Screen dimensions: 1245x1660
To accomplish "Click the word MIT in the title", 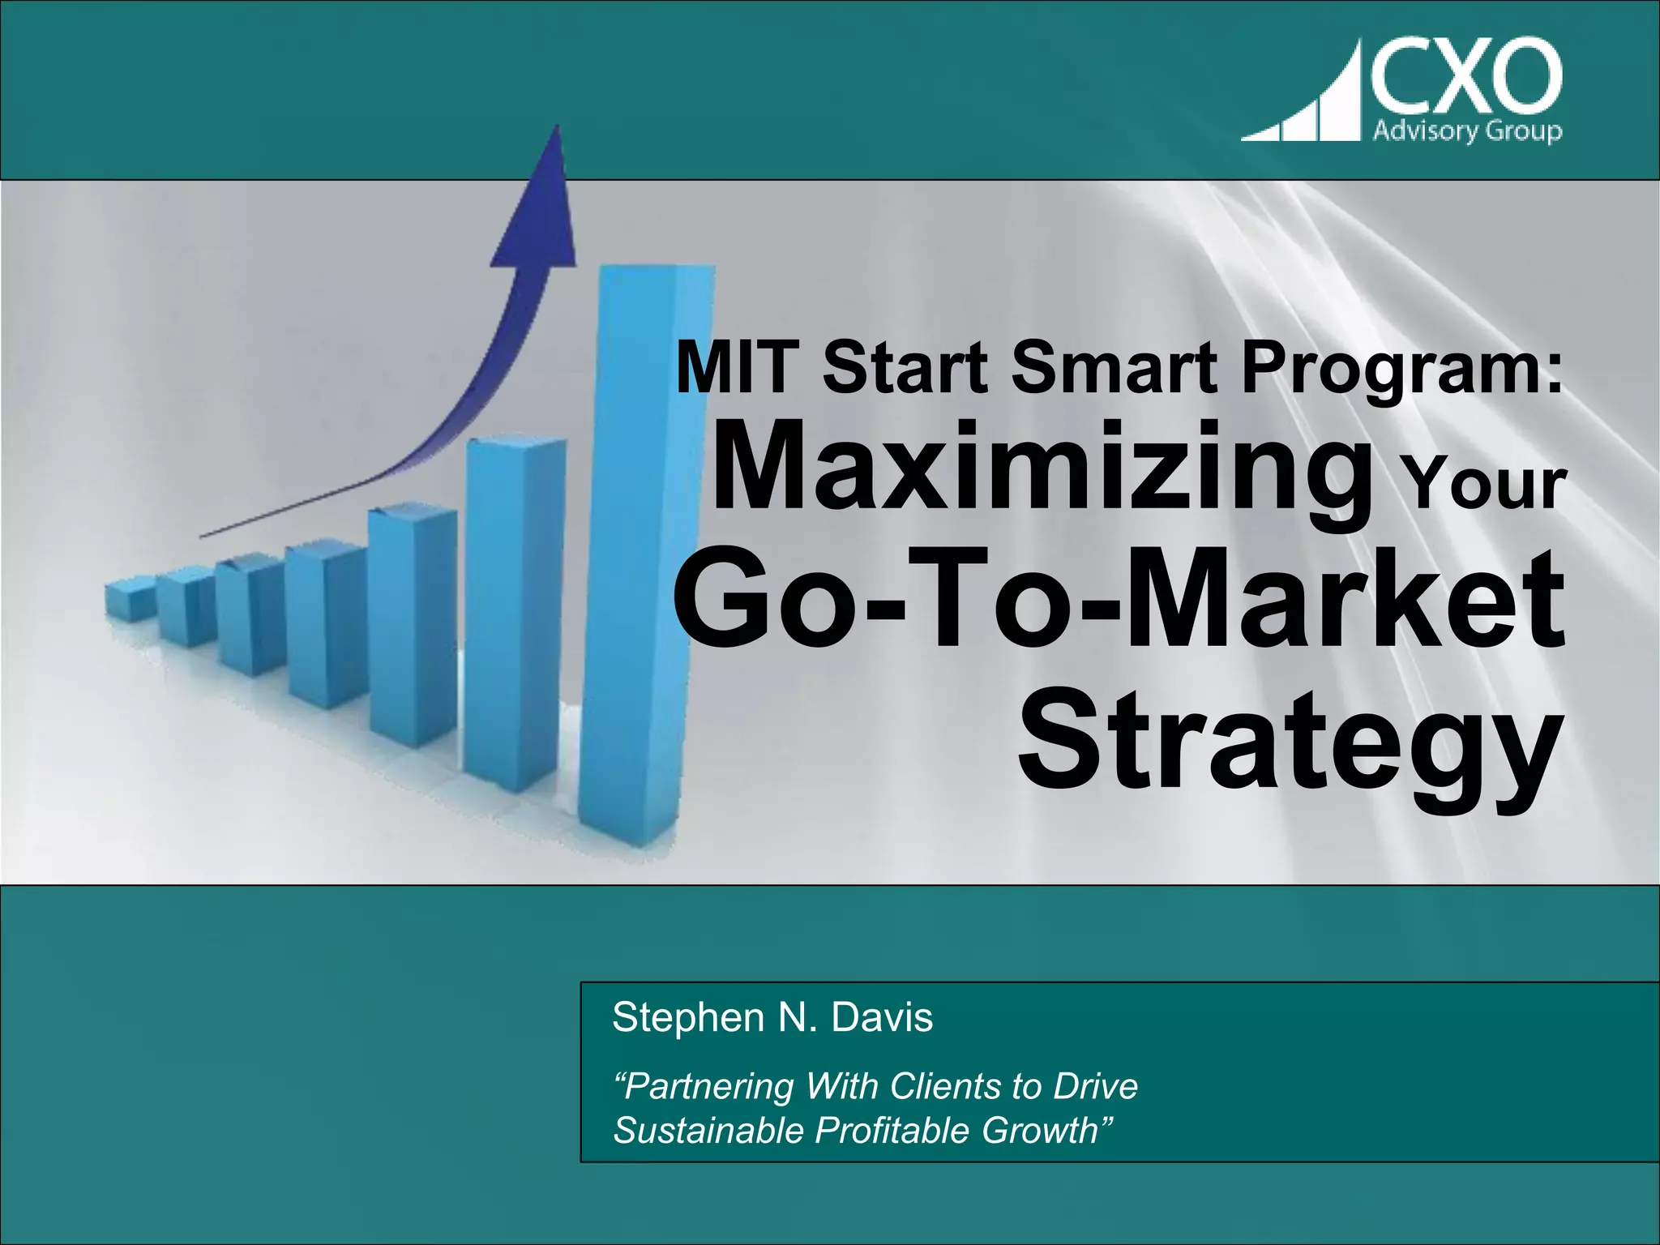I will click(738, 368).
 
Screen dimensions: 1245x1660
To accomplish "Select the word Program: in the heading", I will click(1402, 370).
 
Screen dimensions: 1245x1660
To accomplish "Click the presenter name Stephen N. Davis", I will click(772, 1017).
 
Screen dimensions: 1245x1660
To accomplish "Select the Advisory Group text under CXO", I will click(1467, 130).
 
